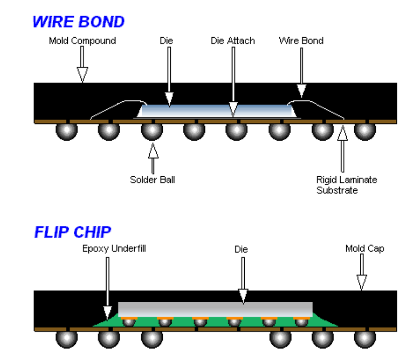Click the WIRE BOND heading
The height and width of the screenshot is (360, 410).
pyautogui.click(x=78, y=22)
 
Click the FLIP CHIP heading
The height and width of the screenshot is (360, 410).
pyautogui.click(x=72, y=232)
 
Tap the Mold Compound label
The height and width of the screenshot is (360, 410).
pyautogui.click(x=82, y=41)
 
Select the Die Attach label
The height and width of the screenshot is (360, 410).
pyautogui.click(x=233, y=41)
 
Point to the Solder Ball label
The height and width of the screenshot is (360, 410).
pyautogui.click(x=152, y=179)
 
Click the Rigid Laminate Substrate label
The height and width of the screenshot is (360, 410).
pyautogui.click(x=346, y=185)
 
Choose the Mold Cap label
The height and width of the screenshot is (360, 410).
pyautogui.click(x=364, y=249)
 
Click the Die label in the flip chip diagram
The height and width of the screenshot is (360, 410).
pyautogui.click(x=241, y=249)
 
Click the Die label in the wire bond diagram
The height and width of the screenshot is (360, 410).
pyautogui.click(x=166, y=41)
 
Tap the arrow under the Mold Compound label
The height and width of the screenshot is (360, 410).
pyautogui.click(x=82, y=65)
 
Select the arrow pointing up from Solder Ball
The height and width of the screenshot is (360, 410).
pyautogui.click(x=153, y=158)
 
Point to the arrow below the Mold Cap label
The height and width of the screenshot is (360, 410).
pyautogui.click(x=361, y=273)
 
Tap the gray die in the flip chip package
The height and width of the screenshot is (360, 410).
pyautogui.click(x=215, y=308)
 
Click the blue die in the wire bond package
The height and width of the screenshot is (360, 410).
pyautogui.click(x=216, y=111)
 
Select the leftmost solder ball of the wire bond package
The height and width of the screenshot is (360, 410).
pyautogui.click(x=66, y=132)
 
